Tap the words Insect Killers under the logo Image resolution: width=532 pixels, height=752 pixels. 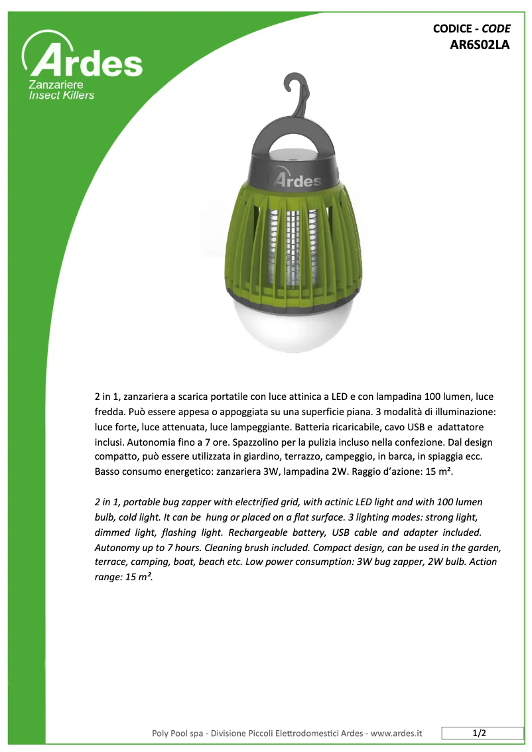tap(62, 95)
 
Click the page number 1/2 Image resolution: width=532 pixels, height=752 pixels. tap(480, 733)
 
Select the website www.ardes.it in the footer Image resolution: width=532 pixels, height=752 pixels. tap(396, 733)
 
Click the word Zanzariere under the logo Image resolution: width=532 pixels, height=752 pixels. tap(56, 86)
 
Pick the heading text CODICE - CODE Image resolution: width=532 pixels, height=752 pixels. tap(472, 29)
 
